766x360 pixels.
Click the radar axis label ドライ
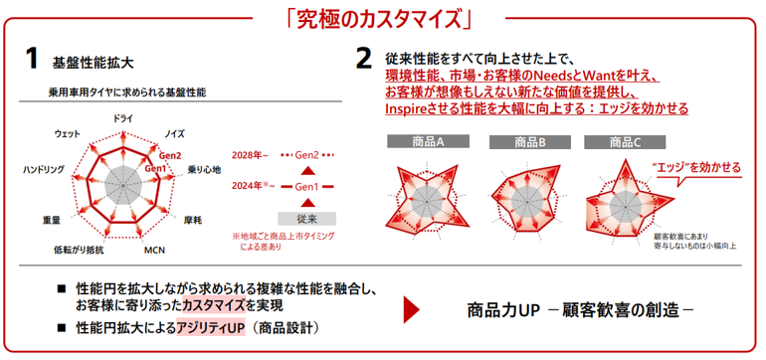coord(122,118)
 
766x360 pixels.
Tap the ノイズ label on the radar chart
coord(174,133)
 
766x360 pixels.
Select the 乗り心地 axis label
coord(204,170)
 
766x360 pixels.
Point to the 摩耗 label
coord(193,221)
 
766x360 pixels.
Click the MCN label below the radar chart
coord(154,251)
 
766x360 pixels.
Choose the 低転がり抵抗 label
coord(79,251)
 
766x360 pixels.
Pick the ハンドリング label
coord(44,169)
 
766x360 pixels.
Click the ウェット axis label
coord(68,134)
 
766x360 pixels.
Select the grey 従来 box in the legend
coord(306,219)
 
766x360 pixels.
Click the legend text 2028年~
coord(250,155)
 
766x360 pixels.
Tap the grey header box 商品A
coord(429,141)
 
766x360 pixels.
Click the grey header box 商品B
coord(530,141)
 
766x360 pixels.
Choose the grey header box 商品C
coord(625,141)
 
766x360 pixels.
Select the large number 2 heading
coord(364,59)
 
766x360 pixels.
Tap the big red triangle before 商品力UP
coord(411,309)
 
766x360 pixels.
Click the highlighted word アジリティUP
coord(210,328)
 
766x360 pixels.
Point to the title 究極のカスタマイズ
coord(379,19)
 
